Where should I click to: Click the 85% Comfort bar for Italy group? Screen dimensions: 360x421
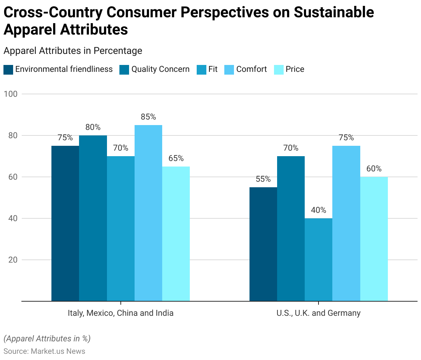coord(148,213)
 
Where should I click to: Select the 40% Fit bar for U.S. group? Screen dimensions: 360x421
coord(319,259)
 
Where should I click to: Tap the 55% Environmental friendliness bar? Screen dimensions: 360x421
coord(263,244)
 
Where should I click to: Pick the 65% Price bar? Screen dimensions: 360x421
coord(176,234)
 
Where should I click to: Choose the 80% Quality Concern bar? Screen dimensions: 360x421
coord(93,218)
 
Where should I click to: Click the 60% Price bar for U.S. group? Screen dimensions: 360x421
coord(374,239)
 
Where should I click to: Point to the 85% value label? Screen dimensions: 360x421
coord(148,117)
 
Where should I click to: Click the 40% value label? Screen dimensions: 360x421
coord(319,210)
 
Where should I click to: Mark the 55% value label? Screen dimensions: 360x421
coord(263,179)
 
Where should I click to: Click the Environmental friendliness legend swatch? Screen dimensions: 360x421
coord(8,69)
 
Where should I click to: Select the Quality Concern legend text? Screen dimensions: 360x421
coord(160,69)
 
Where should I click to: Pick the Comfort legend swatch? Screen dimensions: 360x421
coord(229,69)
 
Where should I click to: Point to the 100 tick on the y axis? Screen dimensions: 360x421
coord(10,94)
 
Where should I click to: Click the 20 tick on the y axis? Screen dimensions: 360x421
coord(13,260)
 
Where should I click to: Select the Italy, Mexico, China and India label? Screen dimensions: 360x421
coord(120,313)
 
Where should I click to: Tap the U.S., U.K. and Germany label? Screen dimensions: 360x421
coord(319,313)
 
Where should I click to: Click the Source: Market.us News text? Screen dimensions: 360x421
coord(44,351)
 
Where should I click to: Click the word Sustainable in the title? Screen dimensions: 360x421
coord(334,12)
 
